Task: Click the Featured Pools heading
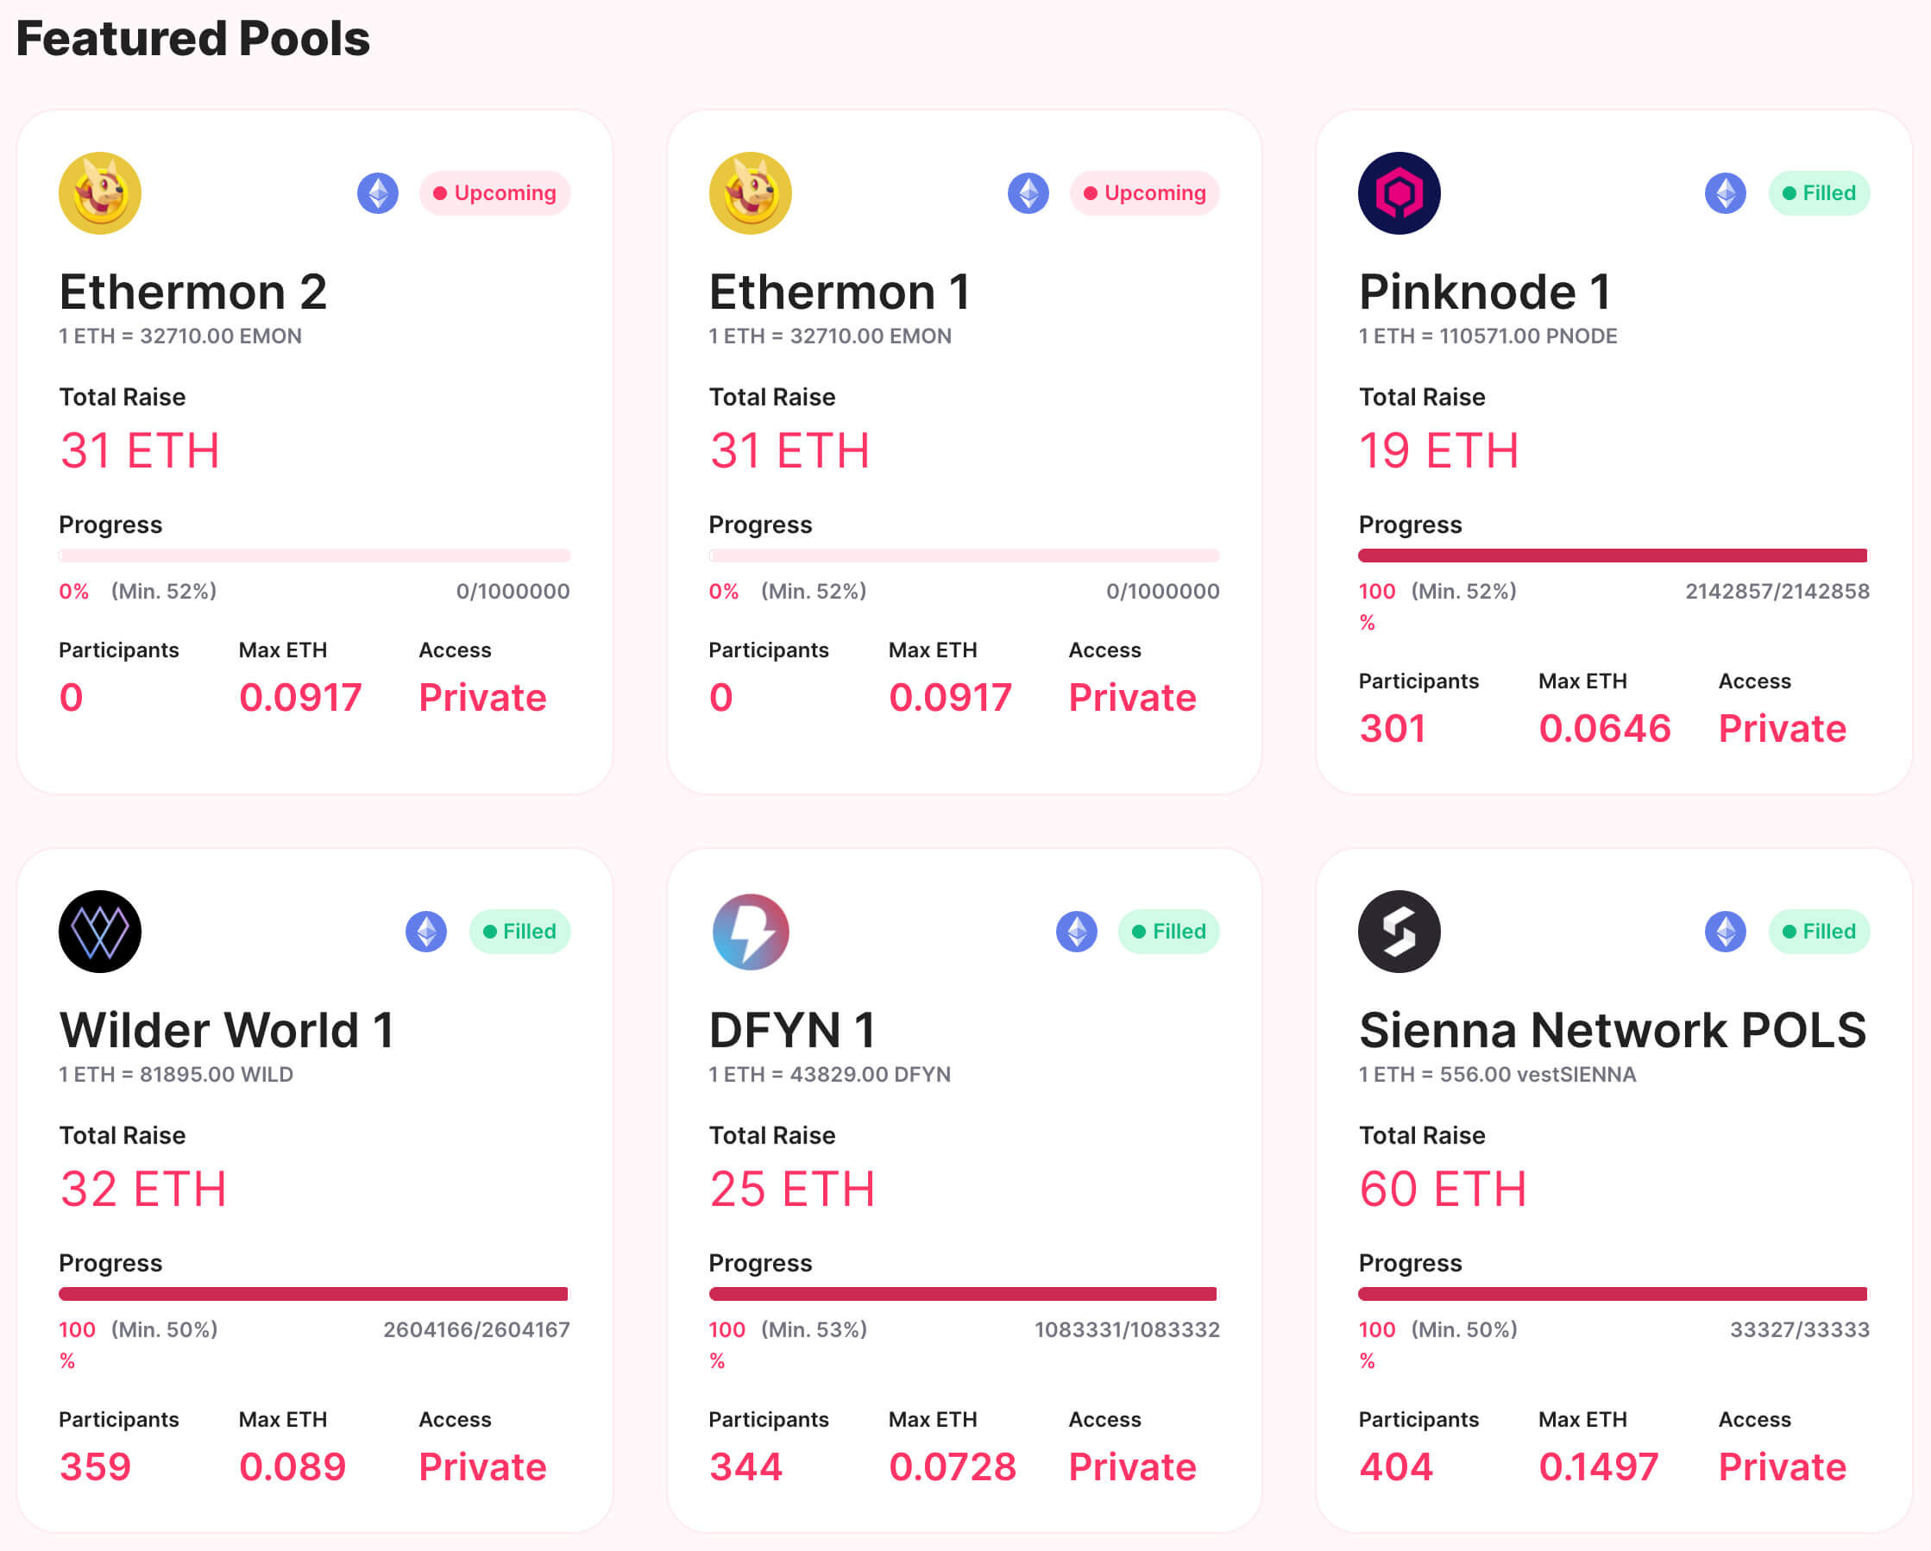pos(192,40)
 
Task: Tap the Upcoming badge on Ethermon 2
pos(494,193)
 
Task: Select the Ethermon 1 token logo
pos(750,193)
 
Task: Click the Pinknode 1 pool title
pos(1484,292)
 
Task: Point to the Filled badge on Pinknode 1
pos(1818,193)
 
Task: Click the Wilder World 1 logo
pos(100,932)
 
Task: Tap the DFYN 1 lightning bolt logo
pos(750,932)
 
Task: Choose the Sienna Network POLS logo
pos(1399,932)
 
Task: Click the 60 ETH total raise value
pos(1442,1190)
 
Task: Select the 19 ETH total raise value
pos(1438,450)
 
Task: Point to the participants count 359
pos(95,1466)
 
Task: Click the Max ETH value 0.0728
pos(952,1466)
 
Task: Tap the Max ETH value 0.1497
pos(1599,1466)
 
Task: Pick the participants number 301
pos(1392,728)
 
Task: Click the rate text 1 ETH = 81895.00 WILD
pos(176,1075)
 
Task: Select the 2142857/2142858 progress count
pos(1777,591)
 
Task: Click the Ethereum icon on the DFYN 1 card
pos(1076,932)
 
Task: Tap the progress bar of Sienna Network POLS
pos(1612,1294)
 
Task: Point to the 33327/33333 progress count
pos(1799,1330)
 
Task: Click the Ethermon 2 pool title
pos(192,292)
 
